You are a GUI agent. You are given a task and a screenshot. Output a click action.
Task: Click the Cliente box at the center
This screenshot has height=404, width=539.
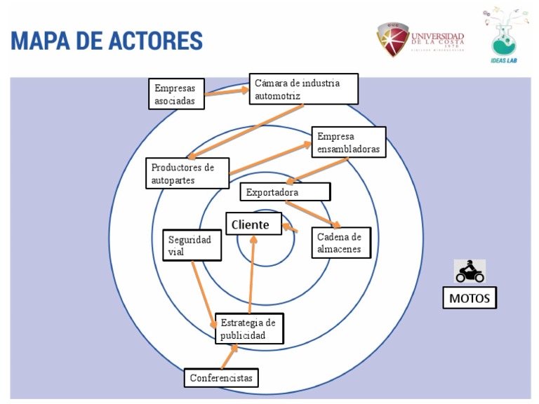(x=253, y=224)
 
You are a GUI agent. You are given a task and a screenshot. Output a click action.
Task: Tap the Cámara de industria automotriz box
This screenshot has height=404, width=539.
(x=303, y=89)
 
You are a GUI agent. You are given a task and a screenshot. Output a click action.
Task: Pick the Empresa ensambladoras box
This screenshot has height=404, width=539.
(x=348, y=142)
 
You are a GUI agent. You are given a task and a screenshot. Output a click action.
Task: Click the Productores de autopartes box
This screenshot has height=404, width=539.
(x=187, y=173)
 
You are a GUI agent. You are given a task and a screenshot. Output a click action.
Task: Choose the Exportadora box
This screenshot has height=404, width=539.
(x=284, y=191)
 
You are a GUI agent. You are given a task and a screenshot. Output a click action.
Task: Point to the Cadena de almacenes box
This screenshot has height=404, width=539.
(x=340, y=243)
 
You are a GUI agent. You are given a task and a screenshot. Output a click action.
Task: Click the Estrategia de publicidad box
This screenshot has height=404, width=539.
(x=248, y=328)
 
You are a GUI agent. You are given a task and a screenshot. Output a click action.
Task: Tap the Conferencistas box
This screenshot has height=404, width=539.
(x=220, y=377)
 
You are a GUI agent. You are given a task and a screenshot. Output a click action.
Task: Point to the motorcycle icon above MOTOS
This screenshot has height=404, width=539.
(x=470, y=271)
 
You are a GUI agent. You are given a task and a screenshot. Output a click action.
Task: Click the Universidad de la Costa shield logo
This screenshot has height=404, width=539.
(x=392, y=39)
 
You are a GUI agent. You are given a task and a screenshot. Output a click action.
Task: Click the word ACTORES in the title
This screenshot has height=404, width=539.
(x=155, y=40)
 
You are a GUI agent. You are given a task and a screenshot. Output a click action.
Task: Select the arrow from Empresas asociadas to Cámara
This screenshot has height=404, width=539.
(x=227, y=94)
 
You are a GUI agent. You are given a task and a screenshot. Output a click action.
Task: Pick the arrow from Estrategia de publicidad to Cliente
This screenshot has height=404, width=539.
(x=252, y=274)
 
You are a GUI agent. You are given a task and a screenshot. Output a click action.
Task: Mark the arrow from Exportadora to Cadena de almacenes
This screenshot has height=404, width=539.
(x=313, y=214)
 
